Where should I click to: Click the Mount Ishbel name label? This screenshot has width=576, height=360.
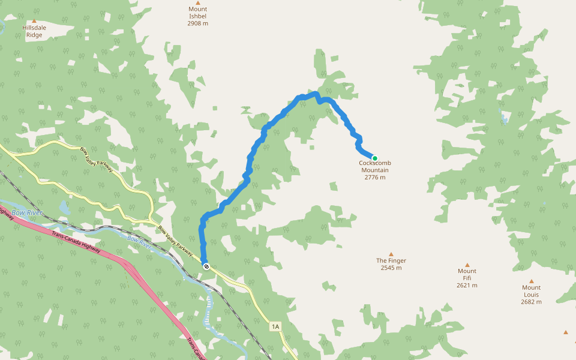[x=197, y=13]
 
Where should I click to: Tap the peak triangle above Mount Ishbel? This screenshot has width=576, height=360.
[x=197, y=2]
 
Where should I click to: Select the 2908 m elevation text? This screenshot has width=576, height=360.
[x=197, y=23]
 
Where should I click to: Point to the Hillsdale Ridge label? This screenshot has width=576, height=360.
[x=34, y=31]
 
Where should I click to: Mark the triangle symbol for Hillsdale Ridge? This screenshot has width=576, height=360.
[x=34, y=21]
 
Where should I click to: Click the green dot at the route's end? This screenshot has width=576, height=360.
[x=375, y=158]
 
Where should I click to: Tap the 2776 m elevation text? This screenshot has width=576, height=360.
[x=375, y=177]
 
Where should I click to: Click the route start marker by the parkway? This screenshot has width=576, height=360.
[x=206, y=266]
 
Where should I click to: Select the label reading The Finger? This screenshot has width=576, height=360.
[x=391, y=260]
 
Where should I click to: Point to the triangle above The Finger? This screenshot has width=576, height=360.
[x=391, y=254]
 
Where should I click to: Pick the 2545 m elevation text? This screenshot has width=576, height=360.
[x=391, y=268]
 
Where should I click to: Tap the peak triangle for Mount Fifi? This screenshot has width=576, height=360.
[x=467, y=265]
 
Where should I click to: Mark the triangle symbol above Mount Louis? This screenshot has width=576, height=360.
[x=531, y=281]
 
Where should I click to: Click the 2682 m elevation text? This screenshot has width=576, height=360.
[x=531, y=302]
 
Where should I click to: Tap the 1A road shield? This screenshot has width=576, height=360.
[x=275, y=326]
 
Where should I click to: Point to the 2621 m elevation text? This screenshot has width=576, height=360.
[x=467, y=285]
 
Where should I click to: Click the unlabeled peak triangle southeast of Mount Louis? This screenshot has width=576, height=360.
[x=565, y=332]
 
